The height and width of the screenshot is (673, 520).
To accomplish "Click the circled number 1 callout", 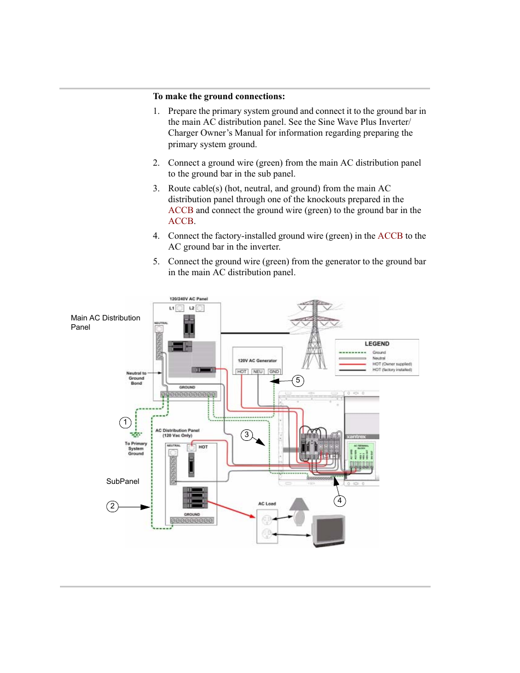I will pyautogui.click(x=125, y=422).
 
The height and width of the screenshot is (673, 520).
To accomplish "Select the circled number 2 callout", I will pyautogui.click(x=112, y=506).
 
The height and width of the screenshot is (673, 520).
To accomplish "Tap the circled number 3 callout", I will pyautogui.click(x=247, y=435).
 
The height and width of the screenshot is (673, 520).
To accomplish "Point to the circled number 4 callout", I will pyautogui.click(x=340, y=501).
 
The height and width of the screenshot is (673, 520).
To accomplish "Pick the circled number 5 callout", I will pyautogui.click(x=298, y=380).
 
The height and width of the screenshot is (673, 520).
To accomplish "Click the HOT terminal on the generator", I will pyautogui.click(x=242, y=372).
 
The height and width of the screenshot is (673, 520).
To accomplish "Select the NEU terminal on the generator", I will pyautogui.click(x=258, y=372).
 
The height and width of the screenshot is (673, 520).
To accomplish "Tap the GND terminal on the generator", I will pyautogui.click(x=274, y=372).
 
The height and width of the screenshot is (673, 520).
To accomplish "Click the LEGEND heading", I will pyautogui.click(x=377, y=344).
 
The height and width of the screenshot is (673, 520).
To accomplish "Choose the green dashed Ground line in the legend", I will pyautogui.click(x=352, y=353).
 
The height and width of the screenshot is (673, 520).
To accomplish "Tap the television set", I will pyautogui.click(x=329, y=531).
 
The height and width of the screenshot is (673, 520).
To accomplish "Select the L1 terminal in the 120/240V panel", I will pyautogui.click(x=179, y=308).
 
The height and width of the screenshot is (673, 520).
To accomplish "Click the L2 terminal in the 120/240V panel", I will pyautogui.click(x=200, y=308).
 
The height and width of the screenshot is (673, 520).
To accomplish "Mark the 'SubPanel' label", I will pyautogui.click(x=123, y=482).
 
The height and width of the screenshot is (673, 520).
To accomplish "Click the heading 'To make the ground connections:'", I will pyautogui.click(x=219, y=96).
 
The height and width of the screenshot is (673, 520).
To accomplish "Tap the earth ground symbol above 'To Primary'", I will pyautogui.click(x=136, y=435).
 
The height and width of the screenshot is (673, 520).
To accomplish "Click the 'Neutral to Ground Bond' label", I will pyautogui.click(x=136, y=378).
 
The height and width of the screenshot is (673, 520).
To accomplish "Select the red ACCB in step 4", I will pyautogui.click(x=390, y=236).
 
